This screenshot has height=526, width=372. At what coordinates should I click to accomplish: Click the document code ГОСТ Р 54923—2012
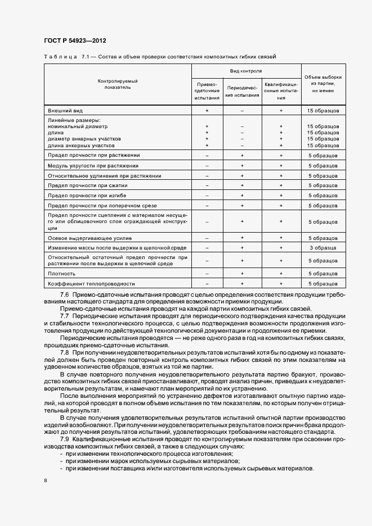tap(74, 41)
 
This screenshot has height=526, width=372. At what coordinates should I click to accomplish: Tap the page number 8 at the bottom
tap(46, 480)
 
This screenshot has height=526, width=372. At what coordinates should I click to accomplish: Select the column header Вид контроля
tap(246, 71)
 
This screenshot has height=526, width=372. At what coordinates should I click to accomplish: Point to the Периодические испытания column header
tap(242, 92)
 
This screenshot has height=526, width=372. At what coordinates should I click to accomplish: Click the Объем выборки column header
tap(323, 83)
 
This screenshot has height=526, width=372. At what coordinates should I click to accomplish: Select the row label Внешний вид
tap(65, 111)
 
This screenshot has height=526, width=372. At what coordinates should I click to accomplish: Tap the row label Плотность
tap(61, 273)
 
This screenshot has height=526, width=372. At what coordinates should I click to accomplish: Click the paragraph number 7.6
tap(64, 294)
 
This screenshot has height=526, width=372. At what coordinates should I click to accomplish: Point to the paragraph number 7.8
tap(64, 352)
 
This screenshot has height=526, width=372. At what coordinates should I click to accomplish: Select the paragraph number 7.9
tap(64, 438)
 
